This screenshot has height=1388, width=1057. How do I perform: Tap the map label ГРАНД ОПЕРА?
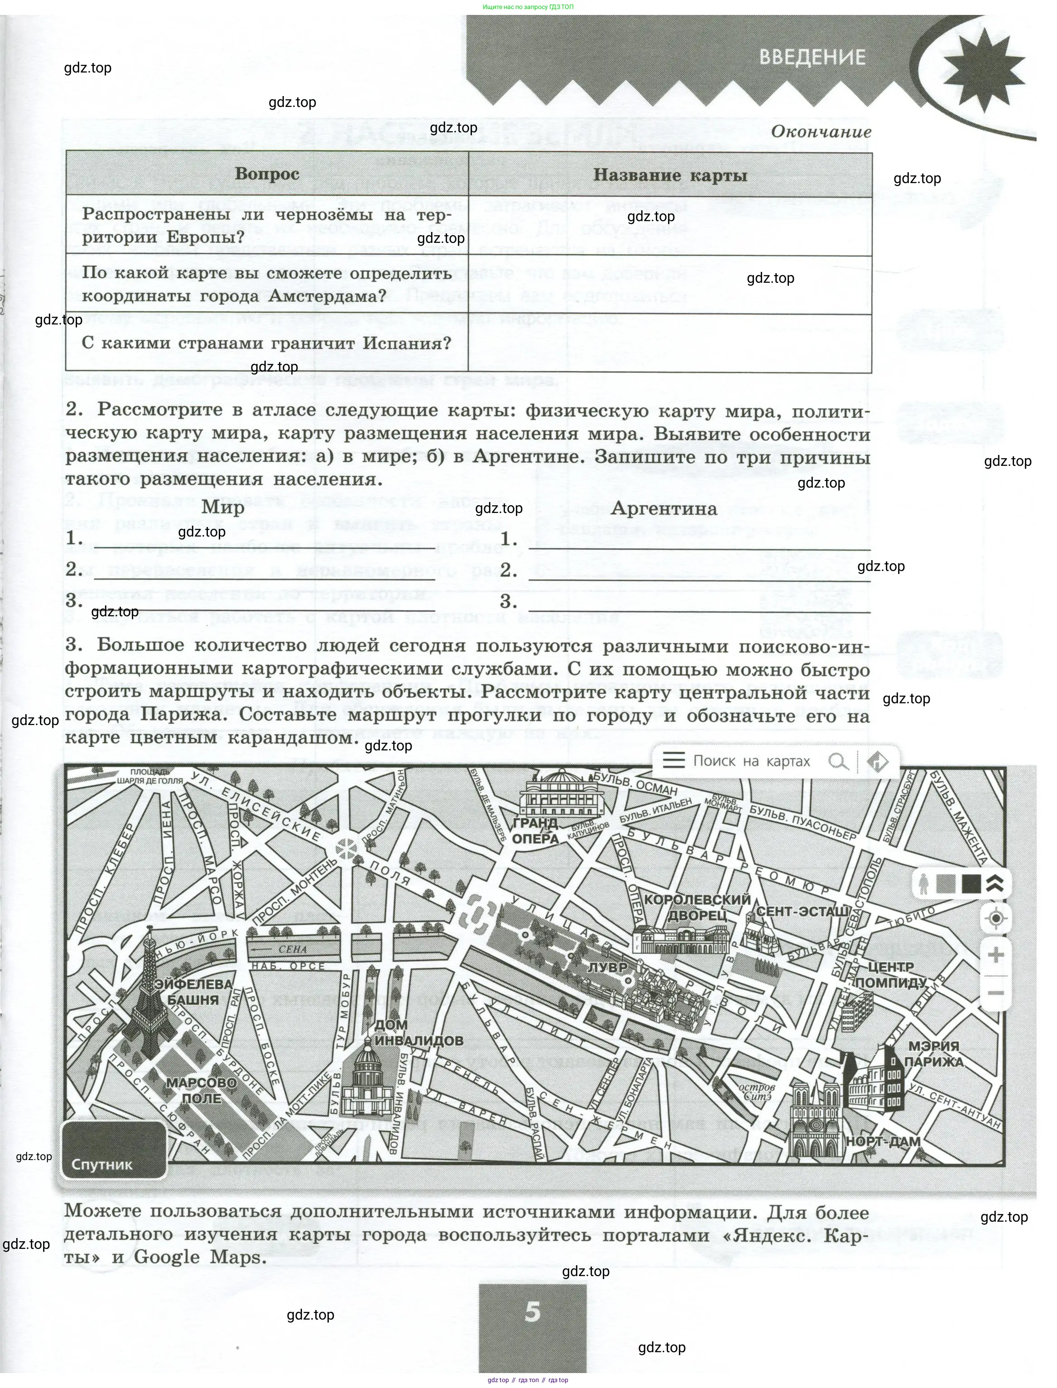[535, 831]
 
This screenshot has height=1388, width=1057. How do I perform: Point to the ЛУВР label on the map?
[608, 967]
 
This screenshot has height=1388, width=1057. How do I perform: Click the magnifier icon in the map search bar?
[837, 762]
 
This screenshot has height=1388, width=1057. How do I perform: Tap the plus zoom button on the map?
[996, 956]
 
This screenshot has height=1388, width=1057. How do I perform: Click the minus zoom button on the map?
[996, 993]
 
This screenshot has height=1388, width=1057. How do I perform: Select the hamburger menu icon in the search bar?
[673, 760]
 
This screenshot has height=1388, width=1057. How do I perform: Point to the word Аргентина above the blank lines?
[664, 508]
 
